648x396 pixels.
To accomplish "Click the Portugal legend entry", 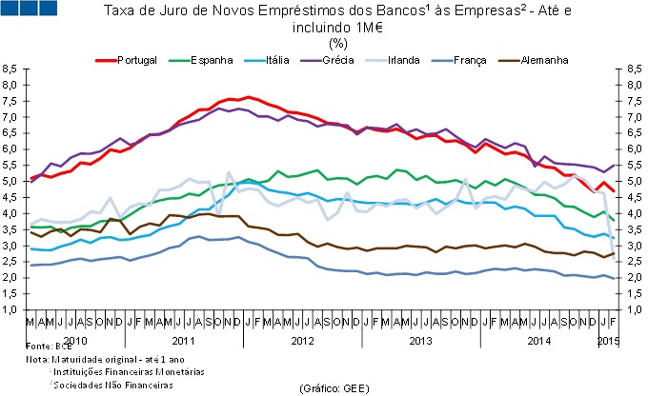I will point(135,61).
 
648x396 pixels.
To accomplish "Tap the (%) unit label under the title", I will point(337,43).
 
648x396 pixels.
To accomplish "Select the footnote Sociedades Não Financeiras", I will point(116,386).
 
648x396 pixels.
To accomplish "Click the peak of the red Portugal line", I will point(248,97).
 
